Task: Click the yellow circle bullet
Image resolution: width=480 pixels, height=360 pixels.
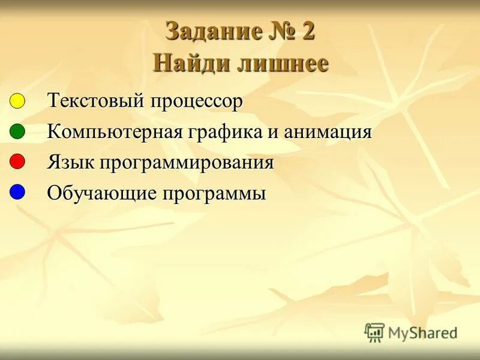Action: pos(17,100)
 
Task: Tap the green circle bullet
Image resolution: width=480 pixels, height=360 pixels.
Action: pos(17,131)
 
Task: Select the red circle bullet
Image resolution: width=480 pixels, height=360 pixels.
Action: pos(17,161)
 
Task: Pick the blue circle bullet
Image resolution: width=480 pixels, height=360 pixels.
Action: pos(17,192)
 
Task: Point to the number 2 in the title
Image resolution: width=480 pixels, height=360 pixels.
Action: pos(308,32)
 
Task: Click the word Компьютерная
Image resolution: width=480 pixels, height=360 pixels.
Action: pos(115,132)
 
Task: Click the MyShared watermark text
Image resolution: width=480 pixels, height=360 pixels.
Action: pos(422,332)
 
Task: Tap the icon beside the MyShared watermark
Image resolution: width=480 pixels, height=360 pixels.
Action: pos(374,332)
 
